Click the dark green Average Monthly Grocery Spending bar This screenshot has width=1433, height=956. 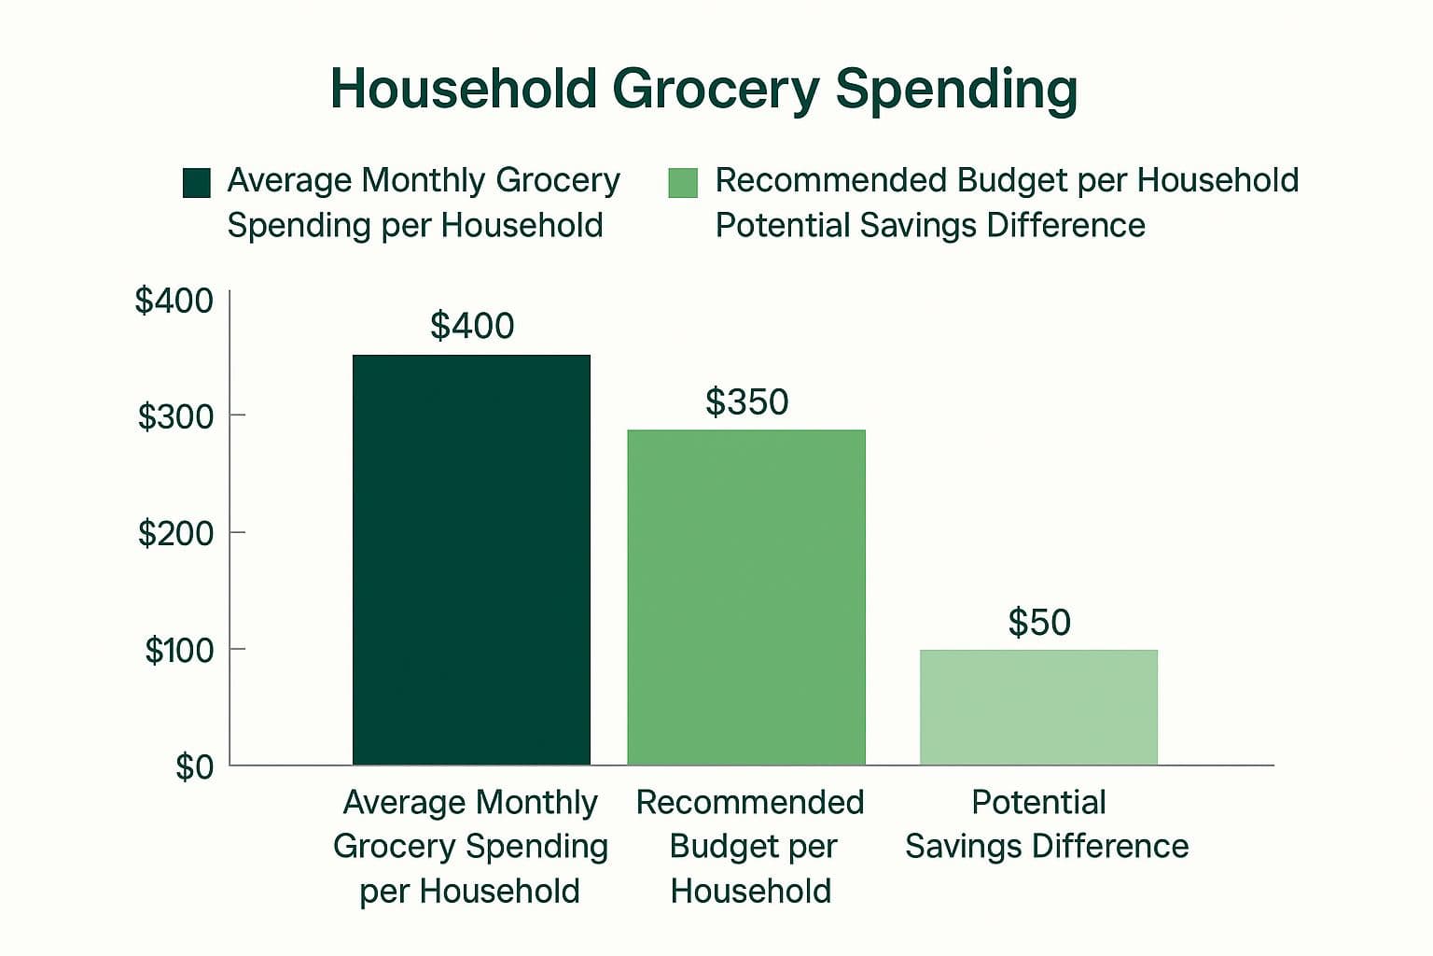[471, 559]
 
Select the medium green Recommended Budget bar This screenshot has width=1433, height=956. [746, 597]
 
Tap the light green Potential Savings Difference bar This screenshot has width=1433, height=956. [1039, 708]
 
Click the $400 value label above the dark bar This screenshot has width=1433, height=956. [472, 325]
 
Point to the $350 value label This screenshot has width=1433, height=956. [746, 401]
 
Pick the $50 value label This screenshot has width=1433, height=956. [1039, 622]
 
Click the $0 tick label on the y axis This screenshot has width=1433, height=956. [194, 766]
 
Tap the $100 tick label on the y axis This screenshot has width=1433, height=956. [179, 650]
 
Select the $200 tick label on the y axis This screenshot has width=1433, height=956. [176, 533]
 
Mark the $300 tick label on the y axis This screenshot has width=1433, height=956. [176, 416]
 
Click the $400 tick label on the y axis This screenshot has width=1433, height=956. [174, 300]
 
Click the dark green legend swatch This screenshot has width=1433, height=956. [197, 182]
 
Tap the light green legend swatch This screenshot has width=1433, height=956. [683, 182]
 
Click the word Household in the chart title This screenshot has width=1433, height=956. [464, 89]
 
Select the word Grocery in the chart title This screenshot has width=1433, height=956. [716, 91]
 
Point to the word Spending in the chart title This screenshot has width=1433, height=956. [956, 91]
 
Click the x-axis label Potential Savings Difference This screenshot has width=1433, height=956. [1047, 824]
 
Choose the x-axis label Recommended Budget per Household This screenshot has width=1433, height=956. [750, 847]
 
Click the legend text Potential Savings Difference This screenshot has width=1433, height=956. [930, 225]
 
